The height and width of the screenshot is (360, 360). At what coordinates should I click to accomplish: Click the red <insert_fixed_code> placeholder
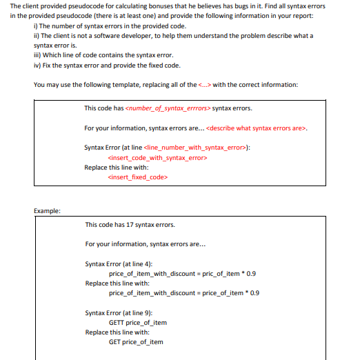click(138, 177)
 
